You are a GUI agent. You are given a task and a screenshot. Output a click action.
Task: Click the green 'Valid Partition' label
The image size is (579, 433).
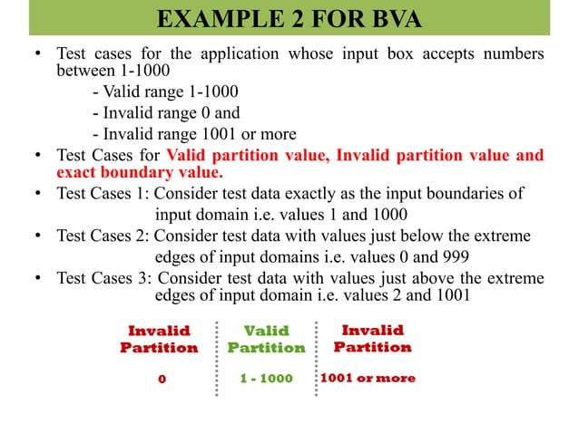(266, 340)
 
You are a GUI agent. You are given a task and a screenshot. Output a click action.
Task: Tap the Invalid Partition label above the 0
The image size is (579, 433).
(159, 340)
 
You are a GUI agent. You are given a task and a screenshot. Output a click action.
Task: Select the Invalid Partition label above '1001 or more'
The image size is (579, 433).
(372, 339)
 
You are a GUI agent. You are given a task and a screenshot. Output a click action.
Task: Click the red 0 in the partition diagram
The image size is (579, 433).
(162, 379)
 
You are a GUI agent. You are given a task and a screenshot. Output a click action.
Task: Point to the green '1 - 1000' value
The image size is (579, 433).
(266, 379)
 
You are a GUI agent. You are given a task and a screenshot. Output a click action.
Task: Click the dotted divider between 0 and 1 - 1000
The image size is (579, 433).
(217, 358)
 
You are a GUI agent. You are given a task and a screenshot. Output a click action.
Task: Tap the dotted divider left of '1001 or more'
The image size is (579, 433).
(314, 358)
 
